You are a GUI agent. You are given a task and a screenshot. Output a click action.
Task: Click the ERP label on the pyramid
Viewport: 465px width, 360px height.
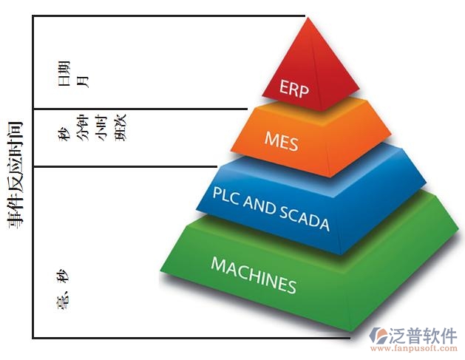pyautogui.click(x=294, y=89)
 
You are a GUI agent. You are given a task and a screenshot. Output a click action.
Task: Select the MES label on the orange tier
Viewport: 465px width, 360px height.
pyautogui.click(x=282, y=140)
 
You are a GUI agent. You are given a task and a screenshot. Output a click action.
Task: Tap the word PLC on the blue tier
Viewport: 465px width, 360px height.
pyautogui.click(x=226, y=195)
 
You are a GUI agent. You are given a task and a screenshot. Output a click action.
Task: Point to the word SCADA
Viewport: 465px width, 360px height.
pyautogui.click(x=305, y=216)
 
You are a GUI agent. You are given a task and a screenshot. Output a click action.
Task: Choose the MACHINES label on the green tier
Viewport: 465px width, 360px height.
pyautogui.click(x=254, y=274)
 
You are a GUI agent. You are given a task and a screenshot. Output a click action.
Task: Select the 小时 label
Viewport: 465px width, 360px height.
pyautogui.click(x=102, y=128)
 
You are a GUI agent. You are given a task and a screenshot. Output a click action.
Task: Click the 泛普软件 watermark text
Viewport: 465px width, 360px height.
pyautogui.click(x=428, y=334)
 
